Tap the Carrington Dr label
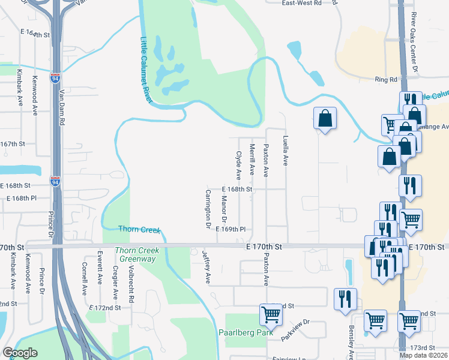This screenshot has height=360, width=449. click(x=208, y=204)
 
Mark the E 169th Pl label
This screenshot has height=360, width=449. click(x=231, y=229)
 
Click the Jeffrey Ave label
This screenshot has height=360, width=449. click(x=207, y=267)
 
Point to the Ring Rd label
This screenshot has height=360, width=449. click(x=386, y=79)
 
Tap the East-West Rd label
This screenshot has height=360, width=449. click(x=302, y=3)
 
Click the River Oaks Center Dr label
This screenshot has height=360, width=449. click(x=414, y=44)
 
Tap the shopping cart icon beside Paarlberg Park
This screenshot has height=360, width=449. click(x=271, y=314)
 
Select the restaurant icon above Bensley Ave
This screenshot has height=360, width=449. click(x=345, y=298)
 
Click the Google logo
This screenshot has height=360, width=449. click(x=20, y=353)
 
